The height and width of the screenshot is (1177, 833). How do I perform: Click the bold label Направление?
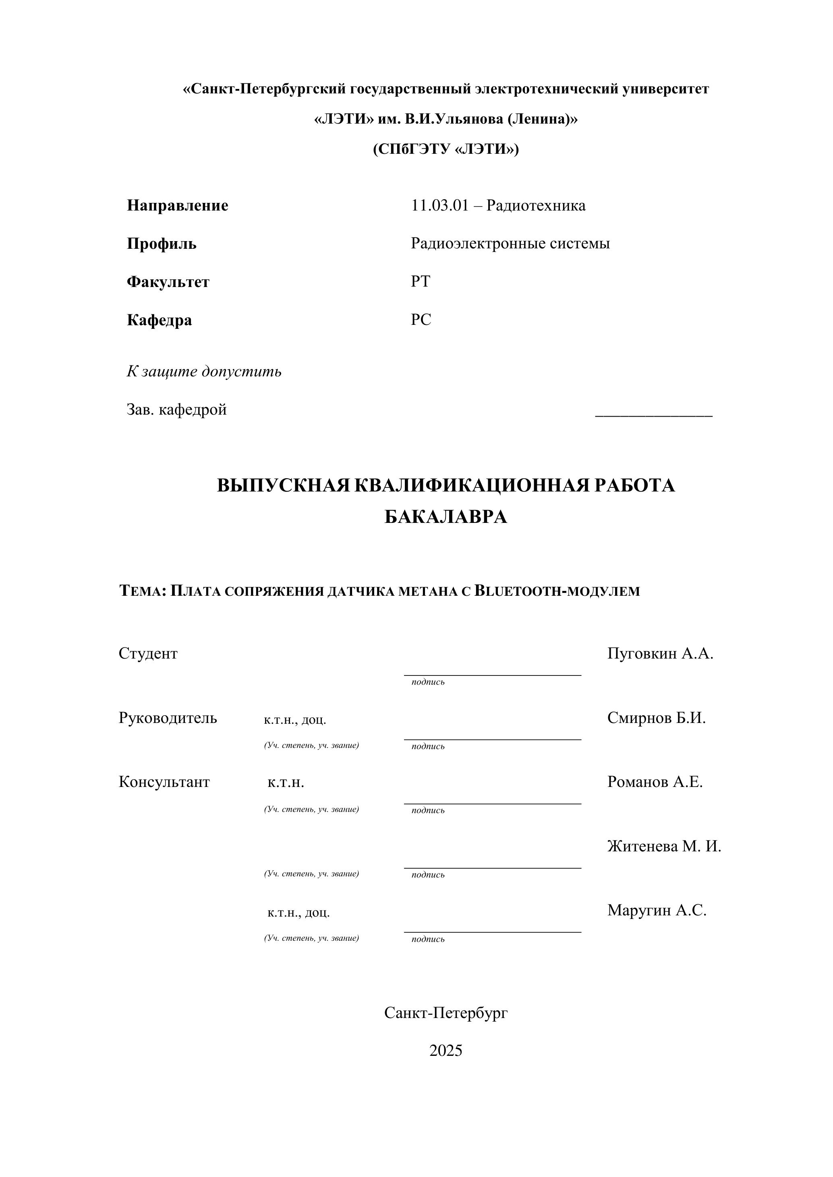point(178,206)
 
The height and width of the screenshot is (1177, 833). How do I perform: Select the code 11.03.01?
point(439,206)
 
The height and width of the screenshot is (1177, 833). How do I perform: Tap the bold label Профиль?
point(162,244)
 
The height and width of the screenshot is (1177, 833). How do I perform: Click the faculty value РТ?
point(421,281)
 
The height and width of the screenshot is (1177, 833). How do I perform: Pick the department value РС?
point(421,319)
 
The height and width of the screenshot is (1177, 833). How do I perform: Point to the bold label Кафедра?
point(160,320)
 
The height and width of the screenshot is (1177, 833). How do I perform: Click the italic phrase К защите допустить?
point(204,371)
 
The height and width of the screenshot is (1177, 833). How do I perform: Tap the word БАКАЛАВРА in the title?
point(446,517)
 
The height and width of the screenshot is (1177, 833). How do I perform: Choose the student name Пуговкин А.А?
point(660,654)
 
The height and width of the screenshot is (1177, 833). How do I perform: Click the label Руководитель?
point(168,718)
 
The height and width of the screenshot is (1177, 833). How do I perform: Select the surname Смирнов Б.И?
point(657,718)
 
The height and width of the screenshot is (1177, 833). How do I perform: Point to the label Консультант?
point(164,782)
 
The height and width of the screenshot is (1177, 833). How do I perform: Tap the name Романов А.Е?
point(655,782)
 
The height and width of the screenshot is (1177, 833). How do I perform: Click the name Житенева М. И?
point(664,847)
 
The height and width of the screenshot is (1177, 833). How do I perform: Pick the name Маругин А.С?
point(657,911)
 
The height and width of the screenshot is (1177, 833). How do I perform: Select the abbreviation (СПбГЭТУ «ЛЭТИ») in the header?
point(446,149)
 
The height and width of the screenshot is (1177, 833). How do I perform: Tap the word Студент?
point(148,654)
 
